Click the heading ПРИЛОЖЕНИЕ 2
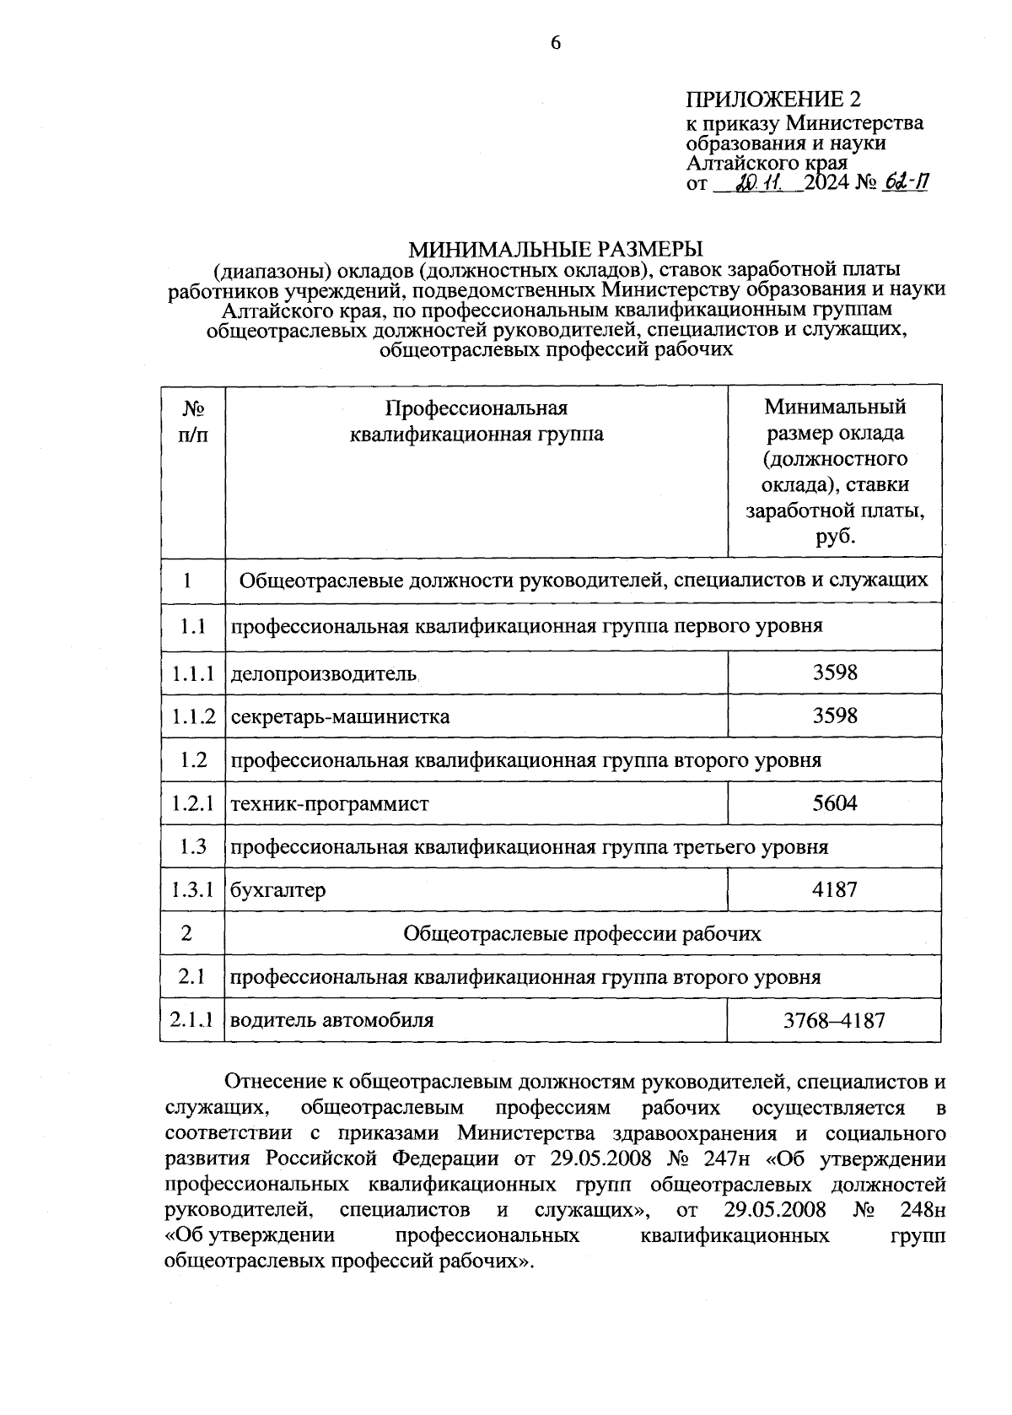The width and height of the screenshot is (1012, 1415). click(x=774, y=100)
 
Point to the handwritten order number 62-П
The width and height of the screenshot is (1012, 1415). click(x=904, y=182)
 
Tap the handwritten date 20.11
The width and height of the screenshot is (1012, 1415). click(x=759, y=182)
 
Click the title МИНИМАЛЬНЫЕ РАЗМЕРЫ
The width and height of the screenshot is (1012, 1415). click(x=556, y=250)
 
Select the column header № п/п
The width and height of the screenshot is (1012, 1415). click(x=193, y=421)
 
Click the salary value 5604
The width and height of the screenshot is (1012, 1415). click(x=834, y=803)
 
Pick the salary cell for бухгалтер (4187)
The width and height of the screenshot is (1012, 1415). click(x=834, y=889)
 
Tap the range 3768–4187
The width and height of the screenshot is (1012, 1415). click(x=834, y=1020)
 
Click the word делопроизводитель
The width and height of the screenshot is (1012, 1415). click(x=325, y=673)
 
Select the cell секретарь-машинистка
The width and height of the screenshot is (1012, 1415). click(x=340, y=717)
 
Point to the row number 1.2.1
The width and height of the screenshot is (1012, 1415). click(x=193, y=803)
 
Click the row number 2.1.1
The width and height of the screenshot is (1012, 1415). click(x=193, y=1020)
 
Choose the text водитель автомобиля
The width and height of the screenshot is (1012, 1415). click(x=332, y=1020)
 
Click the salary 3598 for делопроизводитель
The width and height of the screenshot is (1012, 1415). click(x=834, y=672)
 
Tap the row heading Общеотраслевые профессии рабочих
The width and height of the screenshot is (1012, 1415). click(x=582, y=933)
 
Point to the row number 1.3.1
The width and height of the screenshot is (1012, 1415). click(x=193, y=889)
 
